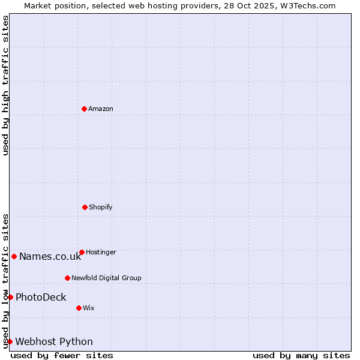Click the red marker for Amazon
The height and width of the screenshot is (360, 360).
click(x=84, y=109)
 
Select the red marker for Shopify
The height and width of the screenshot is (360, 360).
click(x=85, y=207)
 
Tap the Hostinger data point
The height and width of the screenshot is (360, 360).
click(x=82, y=252)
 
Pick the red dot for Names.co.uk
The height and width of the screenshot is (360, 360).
click(x=14, y=256)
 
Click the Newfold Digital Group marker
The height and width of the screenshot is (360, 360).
click(x=67, y=278)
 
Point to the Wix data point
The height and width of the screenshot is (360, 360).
click(x=79, y=308)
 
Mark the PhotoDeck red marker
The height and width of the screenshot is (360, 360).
click(x=10, y=297)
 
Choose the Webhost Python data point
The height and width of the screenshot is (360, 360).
click(x=10, y=341)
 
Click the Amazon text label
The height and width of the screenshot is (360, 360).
click(x=101, y=109)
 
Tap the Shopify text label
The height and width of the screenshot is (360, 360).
click(x=101, y=207)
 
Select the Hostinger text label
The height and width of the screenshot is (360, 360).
click(x=101, y=252)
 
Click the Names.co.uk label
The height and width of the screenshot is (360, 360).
click(x=50, y=257)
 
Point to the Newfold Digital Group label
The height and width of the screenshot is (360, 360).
click(x=106, y=278)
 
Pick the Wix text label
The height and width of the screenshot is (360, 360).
click(x=89, y=308)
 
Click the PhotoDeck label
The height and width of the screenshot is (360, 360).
click(x=41, y=297)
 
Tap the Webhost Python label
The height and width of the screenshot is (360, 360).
click(x=54, y=342)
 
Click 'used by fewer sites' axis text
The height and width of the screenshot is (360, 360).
click(x=62, y=355)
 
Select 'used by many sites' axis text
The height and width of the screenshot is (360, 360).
click(x=301, y=355)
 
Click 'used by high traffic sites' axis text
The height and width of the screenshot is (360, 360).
click(x=5, y=85)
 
